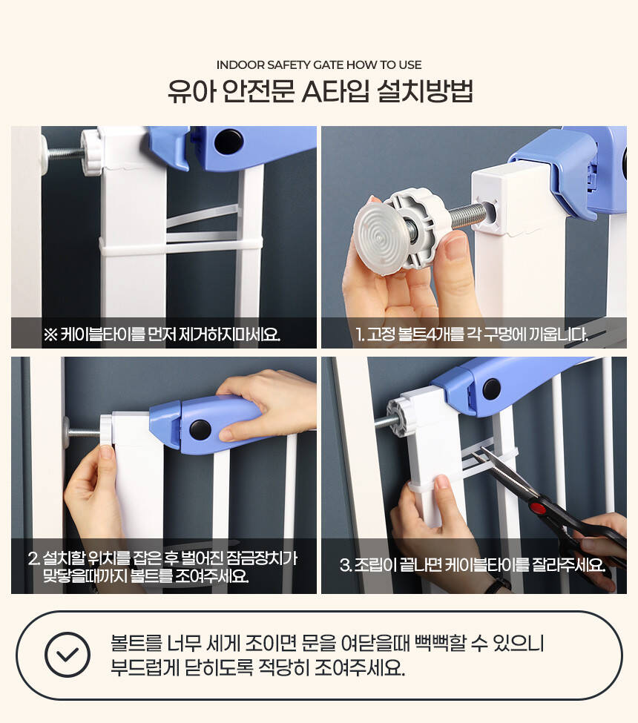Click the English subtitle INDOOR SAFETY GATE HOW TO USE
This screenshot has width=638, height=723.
pos(319,65)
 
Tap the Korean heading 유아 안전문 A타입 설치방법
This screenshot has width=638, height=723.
pos(320,91)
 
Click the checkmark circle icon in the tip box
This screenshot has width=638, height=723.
pos(68,654)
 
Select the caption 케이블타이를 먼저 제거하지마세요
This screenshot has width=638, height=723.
pos(162,334)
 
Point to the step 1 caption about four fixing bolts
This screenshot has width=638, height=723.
pos(472,334)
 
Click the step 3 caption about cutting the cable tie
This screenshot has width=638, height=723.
pos(473,564)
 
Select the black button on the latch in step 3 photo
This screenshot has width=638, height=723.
pos(492,389)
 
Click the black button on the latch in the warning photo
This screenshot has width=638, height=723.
pos(228,141)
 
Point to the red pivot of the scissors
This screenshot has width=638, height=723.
pos(537,508)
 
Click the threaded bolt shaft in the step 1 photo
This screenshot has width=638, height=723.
pos(467,217)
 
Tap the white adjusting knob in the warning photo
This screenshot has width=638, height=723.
pos(91,152)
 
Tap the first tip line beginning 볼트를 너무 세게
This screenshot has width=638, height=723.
pos(327,643)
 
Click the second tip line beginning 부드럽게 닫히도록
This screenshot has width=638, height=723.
pos(257,667)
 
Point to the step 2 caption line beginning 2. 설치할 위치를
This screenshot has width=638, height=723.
pos(162,558)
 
